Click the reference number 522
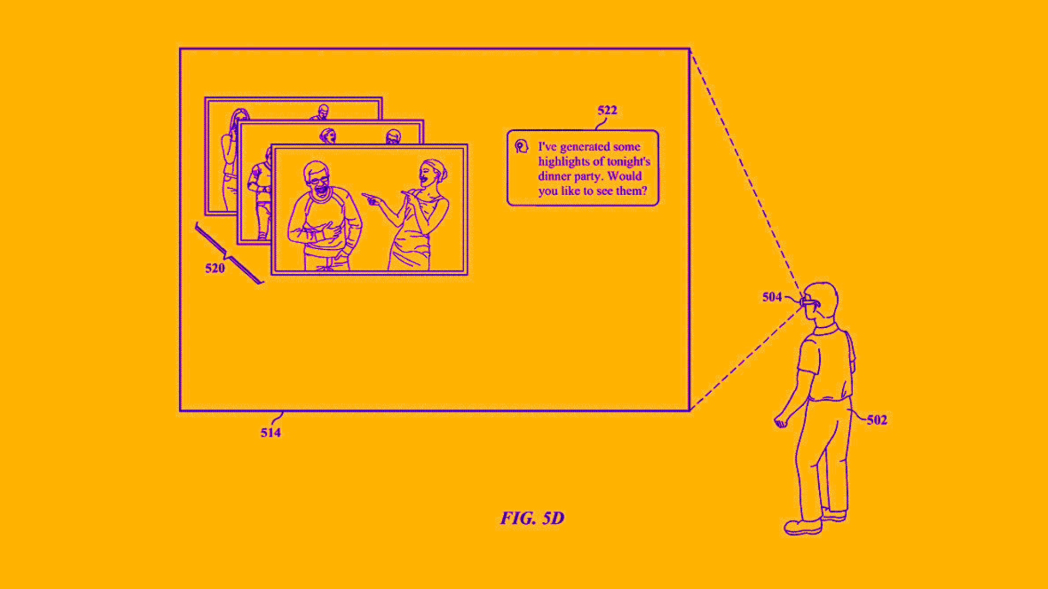[x=607, y=110]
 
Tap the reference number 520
[x=215, y=268]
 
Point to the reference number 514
[x=271, y=432]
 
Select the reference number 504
[x=772, y=297]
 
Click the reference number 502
[x=877, y=420]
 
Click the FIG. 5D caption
[x=532, y=518]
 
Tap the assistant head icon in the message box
[x=521, y=146]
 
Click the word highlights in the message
[x=565, y=162]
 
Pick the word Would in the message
[x=624, y=176]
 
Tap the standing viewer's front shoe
[x=803, y=527]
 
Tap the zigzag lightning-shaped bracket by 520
[x=229, y=253]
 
